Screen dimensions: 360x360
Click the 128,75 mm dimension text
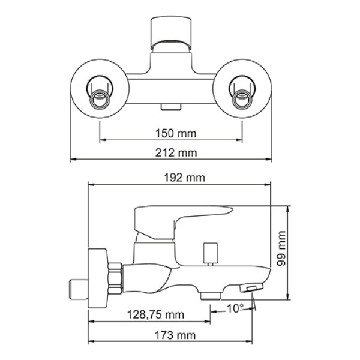point(154,314)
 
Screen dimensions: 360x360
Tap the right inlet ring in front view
point(243,95)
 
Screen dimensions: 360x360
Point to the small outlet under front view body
point(170,107)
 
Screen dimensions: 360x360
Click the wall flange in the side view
point(96,277)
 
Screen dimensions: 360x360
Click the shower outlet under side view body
point(210,295)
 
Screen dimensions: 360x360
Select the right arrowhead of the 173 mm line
point(252,341)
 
